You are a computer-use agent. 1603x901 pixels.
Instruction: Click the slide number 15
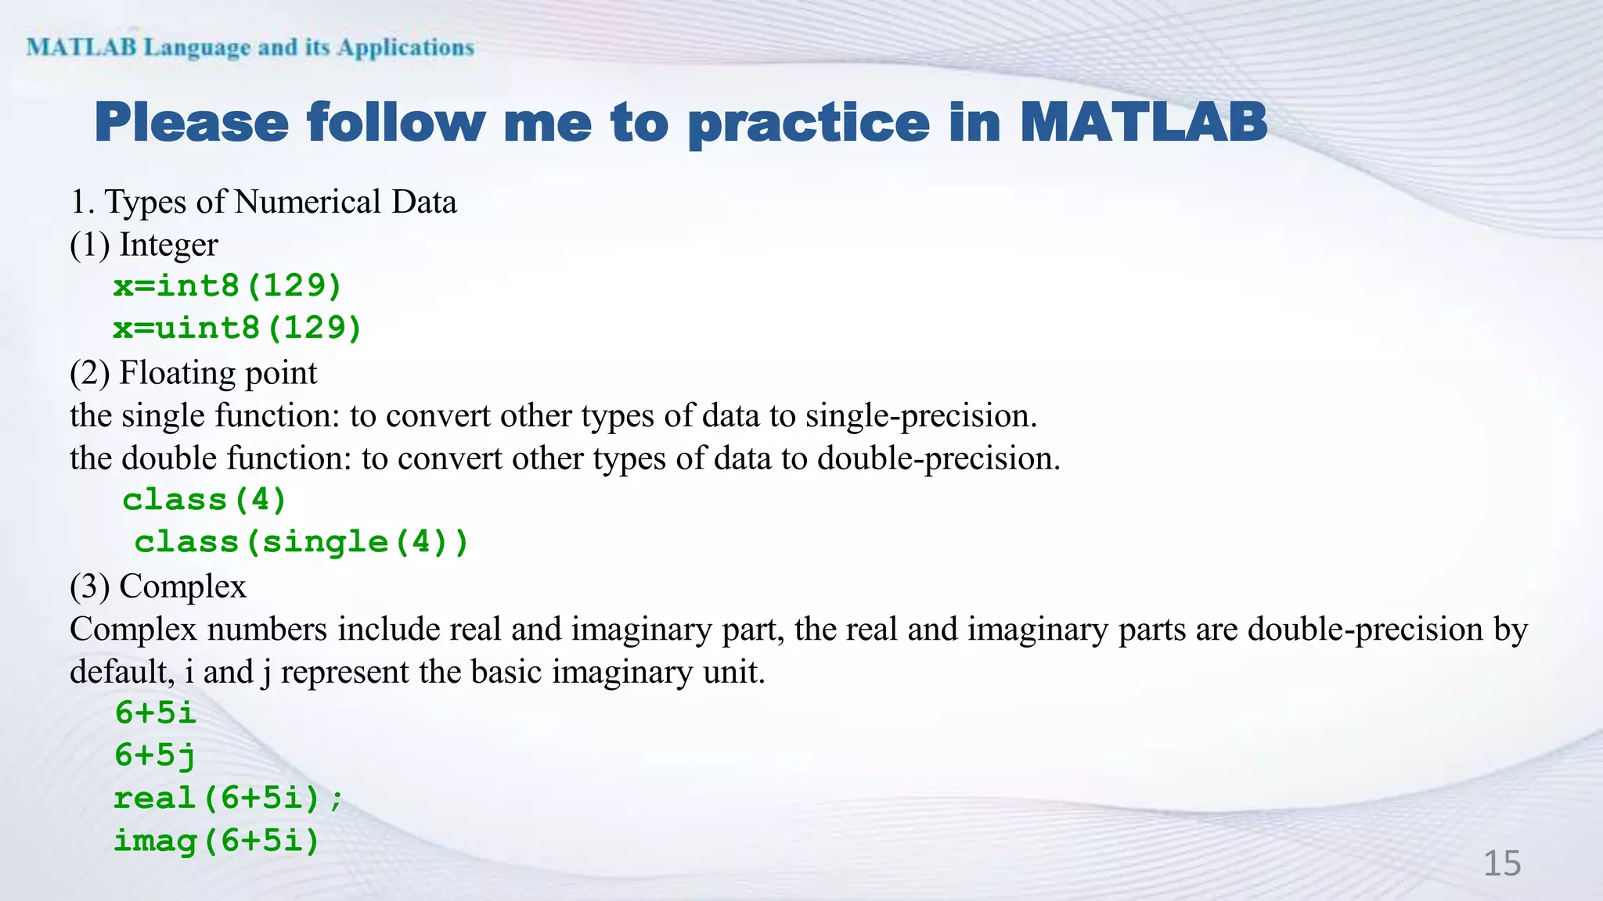1501,863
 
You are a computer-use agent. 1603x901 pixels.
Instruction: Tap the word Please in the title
192,123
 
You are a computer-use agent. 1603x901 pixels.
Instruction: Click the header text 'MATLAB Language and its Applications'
250,48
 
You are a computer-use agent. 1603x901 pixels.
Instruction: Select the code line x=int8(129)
228,286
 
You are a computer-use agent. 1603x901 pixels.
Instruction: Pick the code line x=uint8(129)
237,328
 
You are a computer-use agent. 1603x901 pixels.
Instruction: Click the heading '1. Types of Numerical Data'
263,202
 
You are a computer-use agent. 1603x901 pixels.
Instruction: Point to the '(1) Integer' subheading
144,245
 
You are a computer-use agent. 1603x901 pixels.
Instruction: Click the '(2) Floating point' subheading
193,372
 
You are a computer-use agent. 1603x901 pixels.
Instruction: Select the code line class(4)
205,500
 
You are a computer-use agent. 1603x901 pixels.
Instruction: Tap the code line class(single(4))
301,542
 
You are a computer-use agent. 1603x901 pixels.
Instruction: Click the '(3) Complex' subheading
158,586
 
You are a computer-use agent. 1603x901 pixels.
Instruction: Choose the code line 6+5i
155,713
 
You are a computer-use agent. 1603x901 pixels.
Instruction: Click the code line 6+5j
155,756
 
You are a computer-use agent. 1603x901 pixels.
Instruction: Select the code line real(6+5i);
228,799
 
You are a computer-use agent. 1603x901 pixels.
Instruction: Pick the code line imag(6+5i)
217,841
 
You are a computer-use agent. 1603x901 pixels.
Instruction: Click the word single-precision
920,415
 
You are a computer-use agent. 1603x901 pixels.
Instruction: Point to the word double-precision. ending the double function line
938,458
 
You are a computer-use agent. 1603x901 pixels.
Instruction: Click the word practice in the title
809,123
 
